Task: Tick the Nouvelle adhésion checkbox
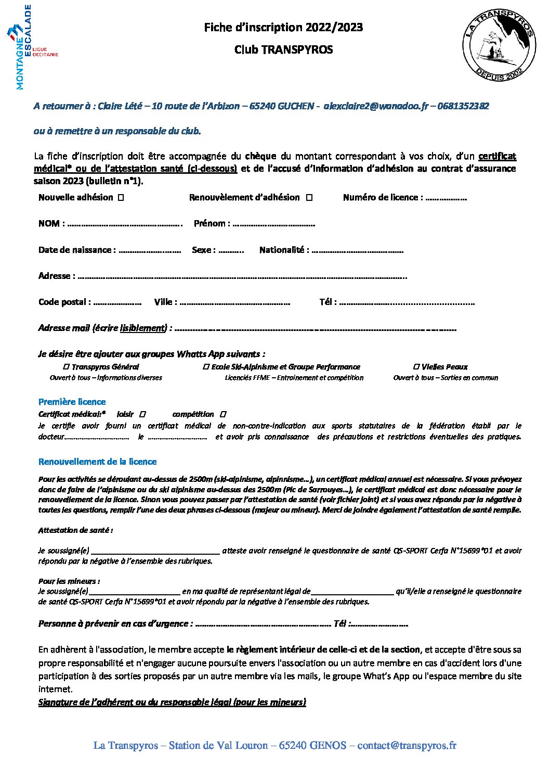(121, 198)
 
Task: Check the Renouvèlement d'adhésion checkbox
(309, 198)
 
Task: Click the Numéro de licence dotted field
(446, 198)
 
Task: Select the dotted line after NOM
(125, 224)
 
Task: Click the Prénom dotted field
(273, 224)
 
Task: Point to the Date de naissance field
(149, 250)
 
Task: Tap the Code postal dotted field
(117, 302)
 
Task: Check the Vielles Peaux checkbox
(416, 367)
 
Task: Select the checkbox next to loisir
(143, 415)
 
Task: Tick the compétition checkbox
(223, 415)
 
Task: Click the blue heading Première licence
(72, 402)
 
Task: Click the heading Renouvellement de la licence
(97, 462)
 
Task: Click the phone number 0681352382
(463, 106)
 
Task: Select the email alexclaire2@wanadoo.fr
(375, 106)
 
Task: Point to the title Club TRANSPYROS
(283, 50)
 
